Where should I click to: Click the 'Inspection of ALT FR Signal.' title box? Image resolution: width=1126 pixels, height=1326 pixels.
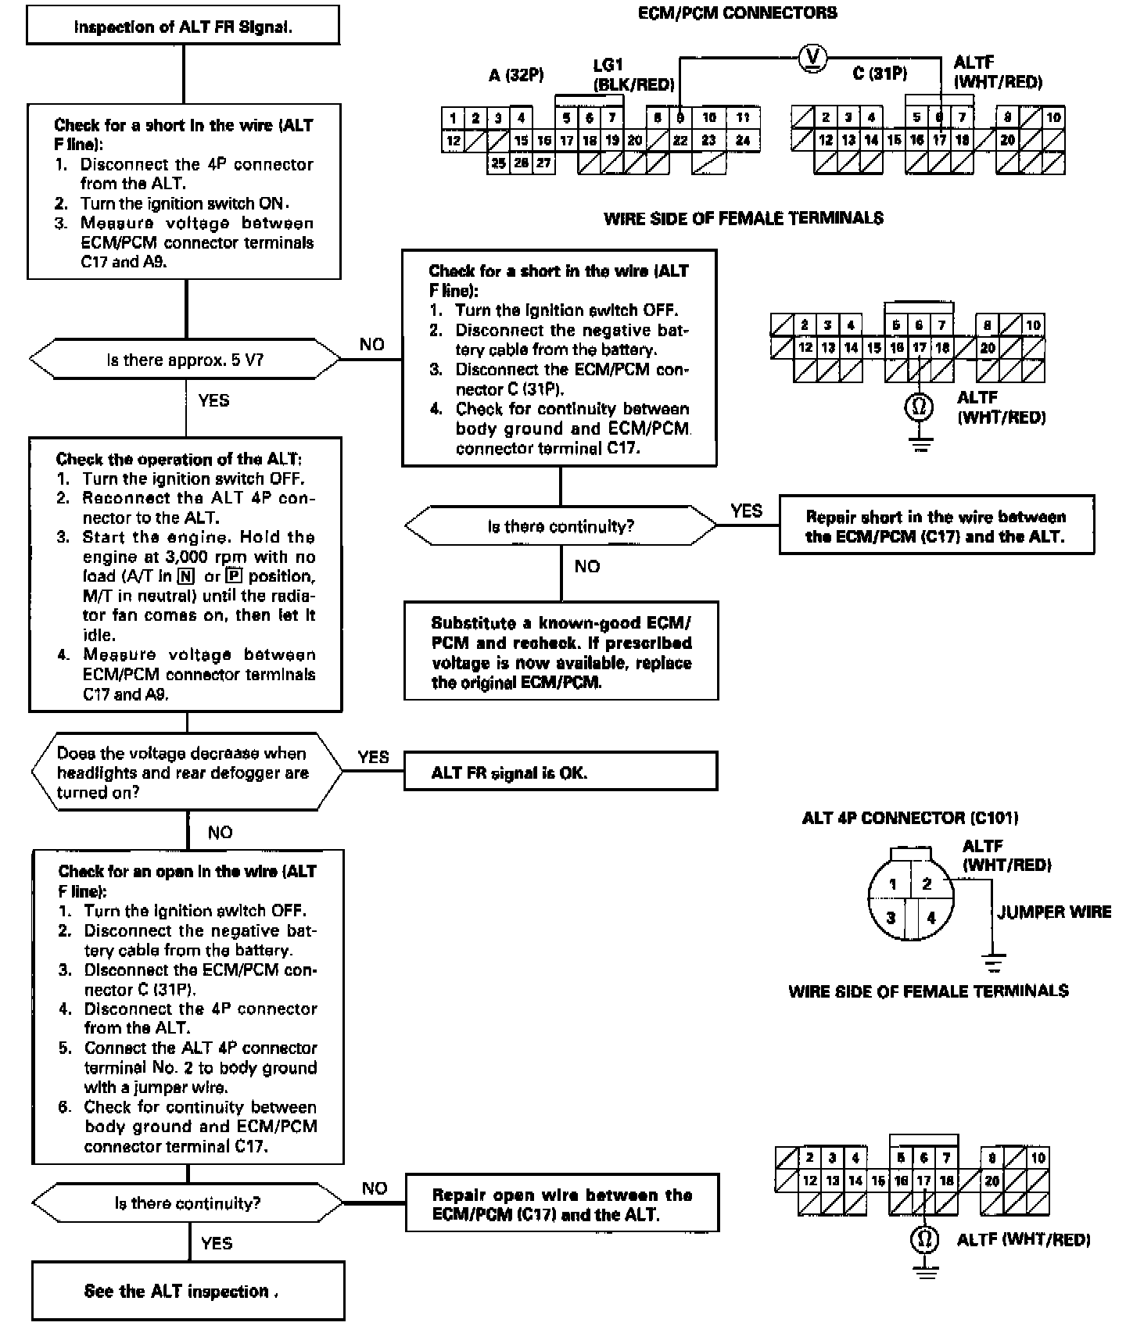(183, 27)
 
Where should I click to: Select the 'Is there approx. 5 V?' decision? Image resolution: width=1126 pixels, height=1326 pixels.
(185, 360)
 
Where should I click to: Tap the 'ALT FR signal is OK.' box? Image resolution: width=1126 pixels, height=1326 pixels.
(560, 772)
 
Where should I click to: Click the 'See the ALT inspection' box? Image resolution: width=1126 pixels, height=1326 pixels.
(188, 1291)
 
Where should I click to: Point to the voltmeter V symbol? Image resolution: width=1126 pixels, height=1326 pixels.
(813, 56)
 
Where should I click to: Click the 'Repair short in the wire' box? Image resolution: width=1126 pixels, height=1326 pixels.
(936, 526)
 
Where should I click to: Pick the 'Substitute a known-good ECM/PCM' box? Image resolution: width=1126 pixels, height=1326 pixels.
(561, 652)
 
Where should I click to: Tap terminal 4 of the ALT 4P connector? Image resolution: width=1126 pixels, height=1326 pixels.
(931, 917)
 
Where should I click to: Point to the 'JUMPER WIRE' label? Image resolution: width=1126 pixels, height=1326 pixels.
(1053, 912)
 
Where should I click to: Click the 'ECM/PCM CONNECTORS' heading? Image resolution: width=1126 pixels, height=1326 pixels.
(737, 13)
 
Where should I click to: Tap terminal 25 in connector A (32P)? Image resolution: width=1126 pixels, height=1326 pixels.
(498, 163)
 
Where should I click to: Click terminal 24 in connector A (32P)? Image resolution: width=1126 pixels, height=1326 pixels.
(743, 141)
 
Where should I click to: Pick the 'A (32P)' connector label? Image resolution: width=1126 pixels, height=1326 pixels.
(516, 75)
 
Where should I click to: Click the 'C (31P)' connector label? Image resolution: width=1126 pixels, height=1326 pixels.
(880, 73)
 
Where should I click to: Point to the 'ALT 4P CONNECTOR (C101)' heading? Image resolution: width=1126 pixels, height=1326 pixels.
(909, 818)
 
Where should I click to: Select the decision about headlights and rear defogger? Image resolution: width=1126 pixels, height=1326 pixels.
(185, 772)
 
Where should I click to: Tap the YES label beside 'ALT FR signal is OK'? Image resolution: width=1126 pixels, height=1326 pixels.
(373, 757)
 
